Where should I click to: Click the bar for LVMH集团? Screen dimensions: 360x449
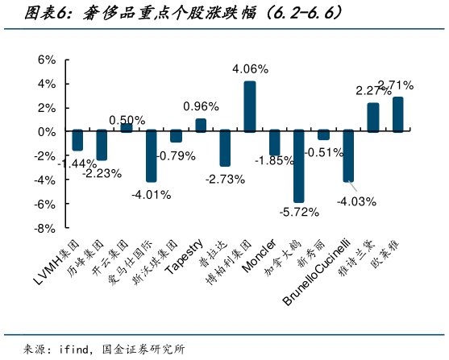click(x=77, y=140)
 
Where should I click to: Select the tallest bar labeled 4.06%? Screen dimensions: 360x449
click(x=250, y=106)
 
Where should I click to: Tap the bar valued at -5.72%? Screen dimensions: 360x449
click(x=299, y=166)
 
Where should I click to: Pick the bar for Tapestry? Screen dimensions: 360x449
click(x=201, y=125)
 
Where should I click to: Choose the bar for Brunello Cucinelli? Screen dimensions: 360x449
click(x=348, y=155)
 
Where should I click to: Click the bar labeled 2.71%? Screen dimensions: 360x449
click(x=397, y=114)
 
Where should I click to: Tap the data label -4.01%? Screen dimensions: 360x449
click(x=152, y=194)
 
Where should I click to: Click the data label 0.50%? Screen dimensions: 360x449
click(x=127, y=119)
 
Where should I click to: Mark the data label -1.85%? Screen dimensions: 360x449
click(x=275, y=161)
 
